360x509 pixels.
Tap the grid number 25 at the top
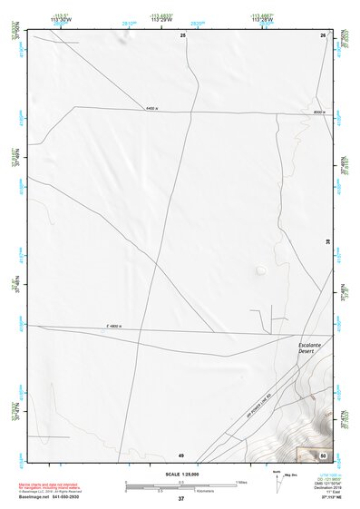point(182,34)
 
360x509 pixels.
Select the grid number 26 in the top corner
point(323,34)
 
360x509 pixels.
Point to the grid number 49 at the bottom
point(181,455)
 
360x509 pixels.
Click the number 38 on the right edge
point(328,242)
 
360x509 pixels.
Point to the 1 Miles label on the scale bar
point(241,481)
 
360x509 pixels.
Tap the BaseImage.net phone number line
point(50,497)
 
